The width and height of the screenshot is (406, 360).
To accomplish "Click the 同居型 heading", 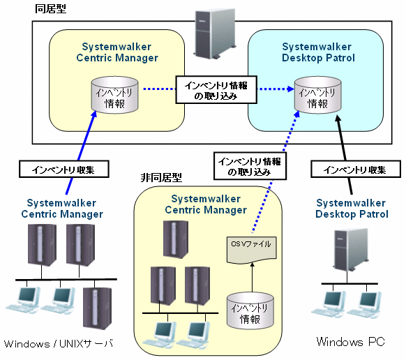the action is (50, 8).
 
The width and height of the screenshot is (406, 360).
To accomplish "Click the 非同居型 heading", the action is (161, 178).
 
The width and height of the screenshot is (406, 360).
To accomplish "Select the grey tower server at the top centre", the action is (215, 33).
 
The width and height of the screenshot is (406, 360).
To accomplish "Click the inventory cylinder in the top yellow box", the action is (114, 95).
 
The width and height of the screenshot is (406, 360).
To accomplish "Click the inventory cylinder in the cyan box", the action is (317, 95).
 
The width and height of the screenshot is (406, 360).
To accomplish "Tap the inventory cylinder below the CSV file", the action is (250, 310).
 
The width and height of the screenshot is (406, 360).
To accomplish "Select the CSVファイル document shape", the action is (252, 250).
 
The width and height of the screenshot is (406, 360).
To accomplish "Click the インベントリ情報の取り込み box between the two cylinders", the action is (216, 90).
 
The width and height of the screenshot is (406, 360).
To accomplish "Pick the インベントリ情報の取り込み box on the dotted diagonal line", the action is (250, 166).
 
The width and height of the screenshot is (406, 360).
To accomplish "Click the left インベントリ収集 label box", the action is (64, 169).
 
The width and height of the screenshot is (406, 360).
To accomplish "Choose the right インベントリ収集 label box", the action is (356, 169).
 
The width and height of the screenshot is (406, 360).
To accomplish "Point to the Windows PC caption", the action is (351, 342).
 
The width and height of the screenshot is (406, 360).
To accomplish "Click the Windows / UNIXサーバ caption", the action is (59, 344).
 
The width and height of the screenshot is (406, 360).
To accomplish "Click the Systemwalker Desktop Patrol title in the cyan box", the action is (317, 52).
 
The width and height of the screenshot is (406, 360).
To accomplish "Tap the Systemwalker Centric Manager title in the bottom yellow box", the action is (206, 204).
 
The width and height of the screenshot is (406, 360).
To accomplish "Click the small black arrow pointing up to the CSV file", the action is (253, 278).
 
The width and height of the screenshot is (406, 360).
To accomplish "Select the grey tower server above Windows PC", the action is (351, 250).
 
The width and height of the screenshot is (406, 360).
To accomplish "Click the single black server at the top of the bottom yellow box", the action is (176, 239).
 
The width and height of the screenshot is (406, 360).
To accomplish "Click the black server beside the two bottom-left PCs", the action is (98, 308).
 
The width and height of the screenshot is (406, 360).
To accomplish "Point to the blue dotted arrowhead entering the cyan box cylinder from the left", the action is (291, 89).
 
